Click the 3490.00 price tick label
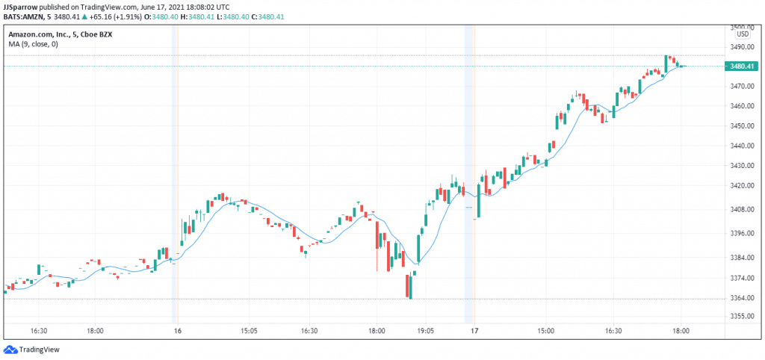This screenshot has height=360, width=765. [741, 46]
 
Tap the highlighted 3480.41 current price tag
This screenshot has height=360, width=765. [741, 66]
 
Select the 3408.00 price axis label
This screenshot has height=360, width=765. [741, 210]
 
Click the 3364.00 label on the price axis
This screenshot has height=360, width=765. [741, 298]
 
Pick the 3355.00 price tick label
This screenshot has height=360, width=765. [741, 316]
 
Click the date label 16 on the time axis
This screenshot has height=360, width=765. [177, 329]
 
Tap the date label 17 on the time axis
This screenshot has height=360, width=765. [474, 329]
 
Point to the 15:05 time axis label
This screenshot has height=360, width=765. [248, 329]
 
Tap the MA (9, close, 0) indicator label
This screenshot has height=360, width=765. [33, 45]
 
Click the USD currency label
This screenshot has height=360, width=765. [743, 34]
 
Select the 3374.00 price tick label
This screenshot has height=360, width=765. [741, 279]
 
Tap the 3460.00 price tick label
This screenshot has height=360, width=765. [741, 106]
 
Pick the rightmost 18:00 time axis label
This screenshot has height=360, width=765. [681, 329]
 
